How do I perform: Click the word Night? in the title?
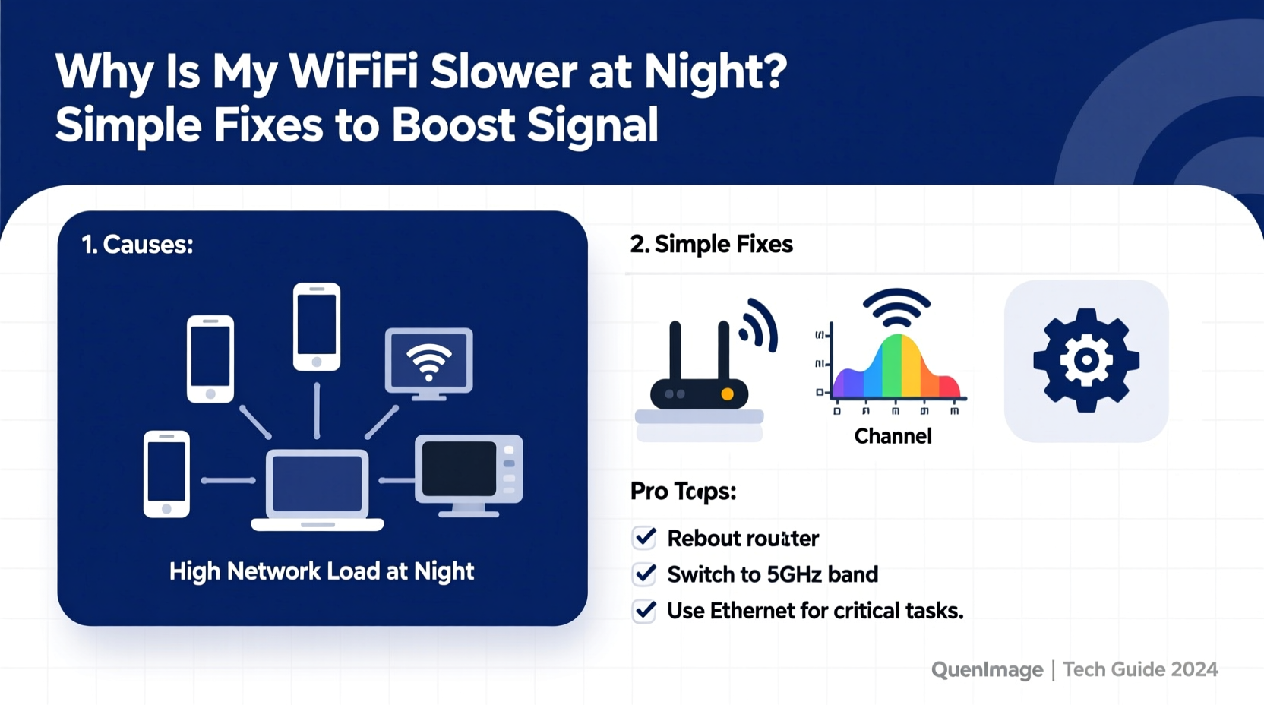click(715, 72)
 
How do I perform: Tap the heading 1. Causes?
click(137, 245)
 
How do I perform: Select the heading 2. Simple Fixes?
click(711, 244)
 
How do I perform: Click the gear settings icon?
click(1085, 361)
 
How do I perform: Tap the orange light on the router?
click(727, 394)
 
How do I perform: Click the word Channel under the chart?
click(893, 436)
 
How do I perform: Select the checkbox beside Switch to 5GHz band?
click(644, 574)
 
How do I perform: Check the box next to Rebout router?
click(644, 538)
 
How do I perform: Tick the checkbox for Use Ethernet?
click(644, 611)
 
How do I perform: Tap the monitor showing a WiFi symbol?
click(429, 363)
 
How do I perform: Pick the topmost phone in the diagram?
click(317, 327)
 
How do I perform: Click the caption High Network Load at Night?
click(321, 571)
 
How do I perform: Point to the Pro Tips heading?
click(683, 492)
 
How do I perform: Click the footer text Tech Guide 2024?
click(1140, 669)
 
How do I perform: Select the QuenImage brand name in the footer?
click(987, 669)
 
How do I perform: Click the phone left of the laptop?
click(166, 474)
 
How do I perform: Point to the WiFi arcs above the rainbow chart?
click(896, 308)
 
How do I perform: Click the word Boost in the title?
click(453, 125)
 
